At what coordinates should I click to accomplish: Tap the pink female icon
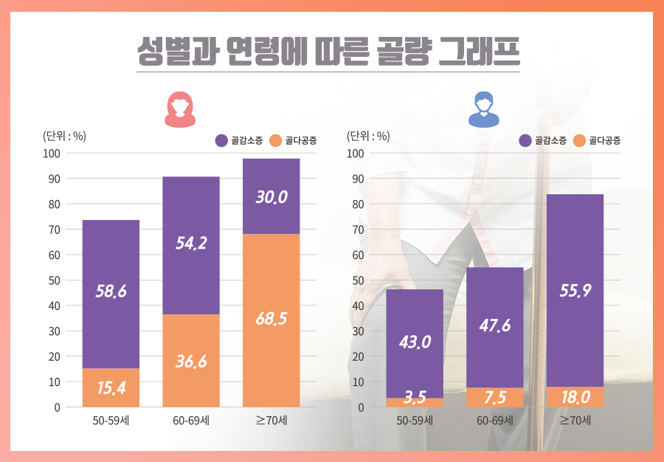(179, 109)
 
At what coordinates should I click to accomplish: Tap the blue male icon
(484, 109)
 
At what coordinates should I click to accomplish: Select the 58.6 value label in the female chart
(111, 292)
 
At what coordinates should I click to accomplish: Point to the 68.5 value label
(272, 319)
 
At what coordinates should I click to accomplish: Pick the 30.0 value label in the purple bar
(272, 197)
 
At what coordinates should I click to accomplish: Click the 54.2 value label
(191, 244)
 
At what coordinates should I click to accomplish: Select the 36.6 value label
(191, 362)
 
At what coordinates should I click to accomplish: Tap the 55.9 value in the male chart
(575, 291)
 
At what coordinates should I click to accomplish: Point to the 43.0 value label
(415, 342)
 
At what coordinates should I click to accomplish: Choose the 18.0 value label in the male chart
(575, 397)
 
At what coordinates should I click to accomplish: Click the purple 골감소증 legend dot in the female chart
(221, 140)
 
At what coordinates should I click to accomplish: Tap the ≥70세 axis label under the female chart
(272, 421)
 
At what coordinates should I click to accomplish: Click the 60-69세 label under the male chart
(494, 421)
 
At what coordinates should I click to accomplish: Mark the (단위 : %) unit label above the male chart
(368, 135)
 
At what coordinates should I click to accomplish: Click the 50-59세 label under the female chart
(111, 421)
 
